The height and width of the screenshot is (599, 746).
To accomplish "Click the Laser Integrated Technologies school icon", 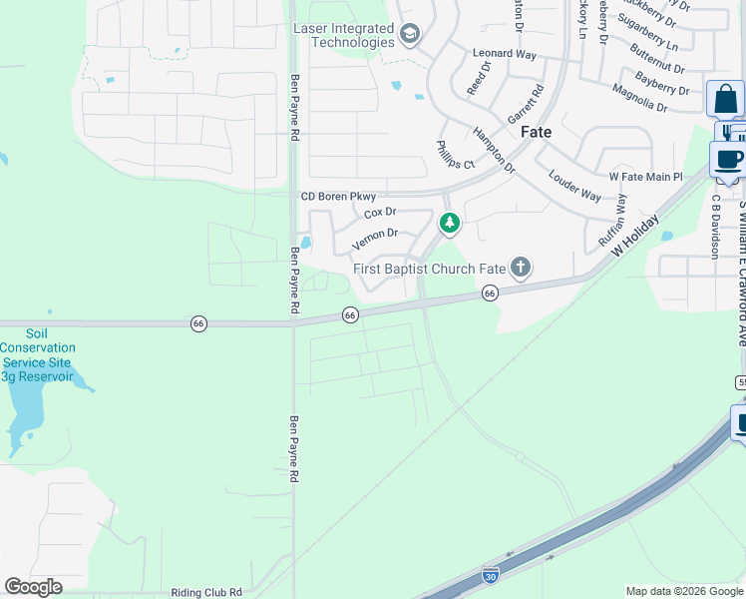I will point(409,36).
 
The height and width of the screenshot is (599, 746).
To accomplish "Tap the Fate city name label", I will point(537,132).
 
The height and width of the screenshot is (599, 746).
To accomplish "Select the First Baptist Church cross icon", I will point(520,268).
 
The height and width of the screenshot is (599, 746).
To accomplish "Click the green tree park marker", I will point(450,223).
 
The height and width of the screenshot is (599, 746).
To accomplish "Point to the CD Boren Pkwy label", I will point(338,197).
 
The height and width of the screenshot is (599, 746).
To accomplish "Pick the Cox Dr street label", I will point(380,213).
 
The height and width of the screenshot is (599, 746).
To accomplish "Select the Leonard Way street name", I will point(505,53).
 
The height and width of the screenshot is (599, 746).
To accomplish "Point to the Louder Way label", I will point(574,185).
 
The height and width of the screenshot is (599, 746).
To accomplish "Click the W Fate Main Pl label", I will point(644,177).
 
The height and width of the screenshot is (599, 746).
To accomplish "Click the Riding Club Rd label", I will point(206,592).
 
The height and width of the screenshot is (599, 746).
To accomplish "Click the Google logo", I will point(33,587).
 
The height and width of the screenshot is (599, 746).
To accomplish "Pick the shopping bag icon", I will point(725,99).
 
